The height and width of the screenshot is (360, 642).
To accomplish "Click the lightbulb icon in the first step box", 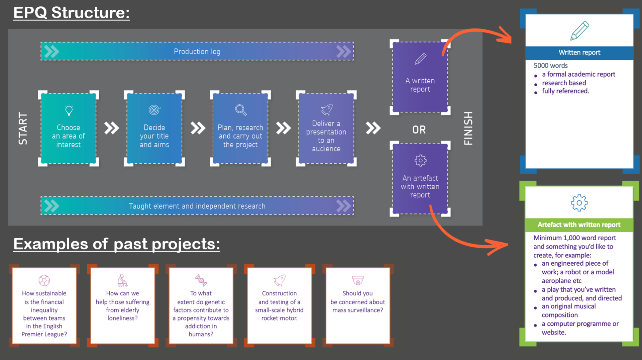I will [69, 110].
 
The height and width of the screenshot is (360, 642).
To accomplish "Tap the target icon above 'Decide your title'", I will [154, 110].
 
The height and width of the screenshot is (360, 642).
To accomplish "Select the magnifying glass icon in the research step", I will [241, 110].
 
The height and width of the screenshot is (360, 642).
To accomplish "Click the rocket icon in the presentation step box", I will [327, 109].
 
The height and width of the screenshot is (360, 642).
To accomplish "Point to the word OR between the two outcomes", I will [419, 130].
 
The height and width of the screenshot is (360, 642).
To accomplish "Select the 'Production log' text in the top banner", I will [197, 52].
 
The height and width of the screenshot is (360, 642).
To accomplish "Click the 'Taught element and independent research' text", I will [197, 206].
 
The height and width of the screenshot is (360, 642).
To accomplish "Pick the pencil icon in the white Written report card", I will [579, 30].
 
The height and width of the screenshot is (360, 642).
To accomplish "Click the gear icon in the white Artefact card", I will [579, 203].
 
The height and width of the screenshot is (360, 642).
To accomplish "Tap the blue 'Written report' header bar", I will [579, 53].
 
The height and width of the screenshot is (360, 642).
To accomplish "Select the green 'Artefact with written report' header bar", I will [579, 225].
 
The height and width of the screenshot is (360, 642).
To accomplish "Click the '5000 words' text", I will [550, 66].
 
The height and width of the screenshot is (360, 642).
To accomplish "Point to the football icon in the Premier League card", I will [44, 280].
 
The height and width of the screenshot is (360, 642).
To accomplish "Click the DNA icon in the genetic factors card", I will [201, 280].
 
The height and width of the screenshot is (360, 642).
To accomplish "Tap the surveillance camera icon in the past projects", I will [358, 280].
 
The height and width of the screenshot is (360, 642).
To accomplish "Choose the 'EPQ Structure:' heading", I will [71, 13].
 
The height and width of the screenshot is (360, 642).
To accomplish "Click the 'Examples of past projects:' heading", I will [117, 244].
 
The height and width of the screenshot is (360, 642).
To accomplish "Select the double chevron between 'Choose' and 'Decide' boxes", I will [111, 128].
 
